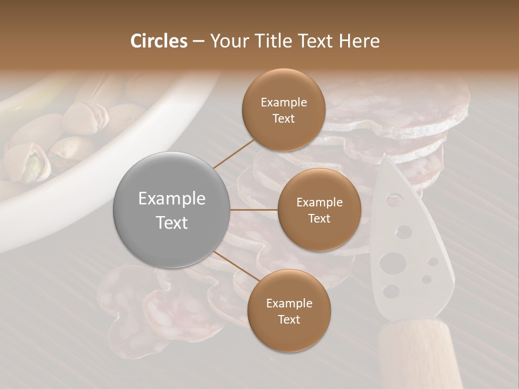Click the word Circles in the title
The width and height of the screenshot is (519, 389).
(x=159, y=41)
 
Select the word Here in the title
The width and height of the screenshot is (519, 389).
(x=358, y=41)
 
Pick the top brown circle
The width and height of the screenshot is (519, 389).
(x=283, y=110)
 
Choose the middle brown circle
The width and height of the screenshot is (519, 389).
(x=319, y=210)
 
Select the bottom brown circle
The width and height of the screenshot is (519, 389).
(x=289, y=311)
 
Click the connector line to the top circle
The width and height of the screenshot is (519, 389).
(x=234, y=153)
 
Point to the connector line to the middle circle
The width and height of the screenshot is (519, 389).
(x=254, y=210)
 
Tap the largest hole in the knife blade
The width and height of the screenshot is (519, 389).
(x=392, y=264)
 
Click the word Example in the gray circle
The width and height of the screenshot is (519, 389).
(x=172, y=199)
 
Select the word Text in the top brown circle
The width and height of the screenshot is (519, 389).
(x=283, y=119)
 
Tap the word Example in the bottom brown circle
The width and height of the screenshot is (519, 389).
(x=289, y=303)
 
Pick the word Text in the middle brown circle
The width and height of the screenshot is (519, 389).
(x=319, y=219)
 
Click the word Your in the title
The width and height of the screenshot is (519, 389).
(x=229, y=41)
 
